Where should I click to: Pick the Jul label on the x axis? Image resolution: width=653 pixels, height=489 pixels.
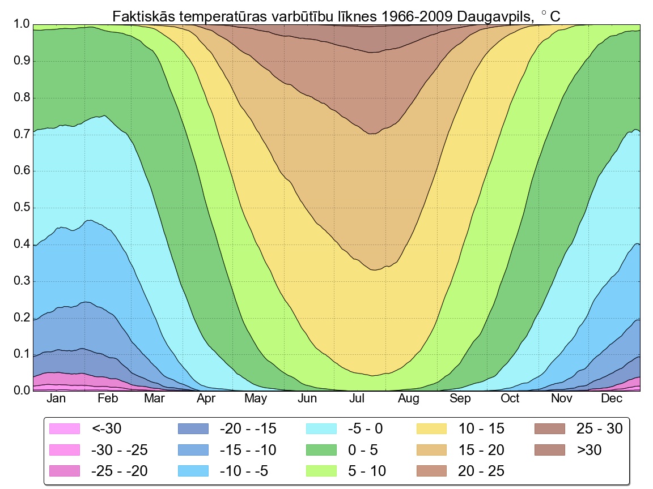[357, 398]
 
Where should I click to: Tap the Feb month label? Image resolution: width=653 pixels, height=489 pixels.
[108, 398]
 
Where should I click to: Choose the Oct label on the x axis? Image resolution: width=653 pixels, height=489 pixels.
[510, 398]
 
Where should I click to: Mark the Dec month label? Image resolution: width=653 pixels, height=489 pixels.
[612, 398]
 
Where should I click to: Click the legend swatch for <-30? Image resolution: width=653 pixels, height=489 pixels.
[66, 429]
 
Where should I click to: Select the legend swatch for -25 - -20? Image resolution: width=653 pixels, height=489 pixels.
[66, 471]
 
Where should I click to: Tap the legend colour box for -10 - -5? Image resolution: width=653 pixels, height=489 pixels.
[194, 471]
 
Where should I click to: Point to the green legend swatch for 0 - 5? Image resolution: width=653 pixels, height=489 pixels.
[322, 450]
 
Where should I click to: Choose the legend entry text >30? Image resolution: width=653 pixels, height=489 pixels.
[589, 450]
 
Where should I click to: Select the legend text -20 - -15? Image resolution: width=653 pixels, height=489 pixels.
[248, 429]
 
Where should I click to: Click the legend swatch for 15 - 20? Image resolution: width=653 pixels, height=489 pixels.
[433, 450]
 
